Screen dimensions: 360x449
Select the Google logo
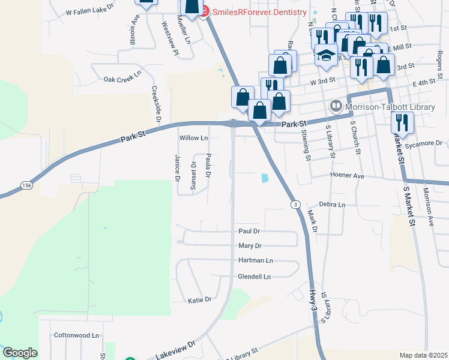20,353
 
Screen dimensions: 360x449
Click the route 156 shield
25,185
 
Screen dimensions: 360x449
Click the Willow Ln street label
193,138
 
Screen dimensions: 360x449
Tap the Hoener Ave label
347,175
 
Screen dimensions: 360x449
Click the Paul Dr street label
249,231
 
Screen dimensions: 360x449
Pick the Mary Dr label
250,246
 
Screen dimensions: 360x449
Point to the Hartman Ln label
255,261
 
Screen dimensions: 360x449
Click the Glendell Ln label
255,277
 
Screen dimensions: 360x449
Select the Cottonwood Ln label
76,335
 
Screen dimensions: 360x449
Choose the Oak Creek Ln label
122,79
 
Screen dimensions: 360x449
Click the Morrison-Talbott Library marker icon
336,106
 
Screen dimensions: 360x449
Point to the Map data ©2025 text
423,355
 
